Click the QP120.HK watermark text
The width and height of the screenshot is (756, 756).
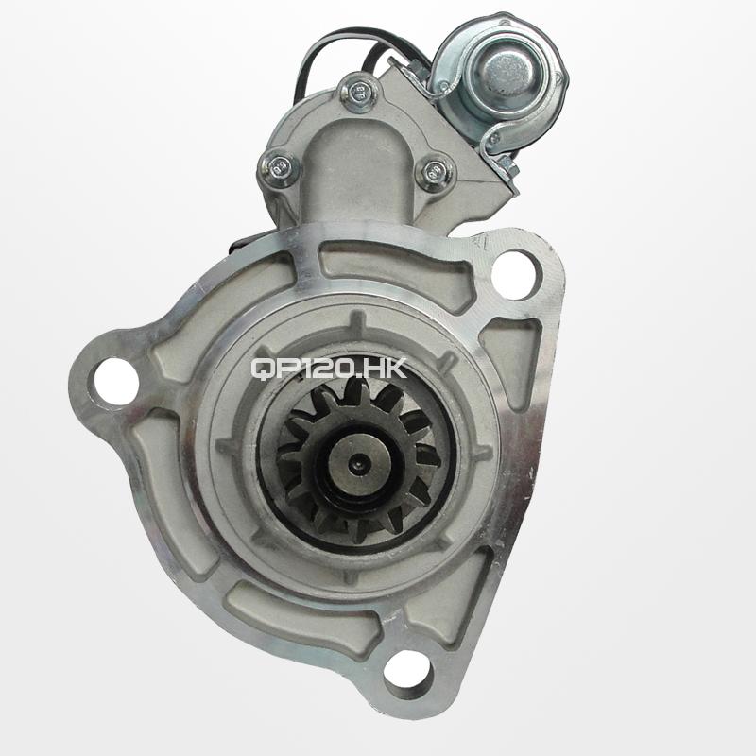click(329, 369)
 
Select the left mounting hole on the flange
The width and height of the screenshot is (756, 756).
click(115, 382)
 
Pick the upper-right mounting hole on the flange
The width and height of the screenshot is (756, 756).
click(515, 275)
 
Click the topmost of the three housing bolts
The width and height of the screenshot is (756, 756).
click(357, 91)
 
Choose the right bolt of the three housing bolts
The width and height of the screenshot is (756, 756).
click(435, 170)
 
